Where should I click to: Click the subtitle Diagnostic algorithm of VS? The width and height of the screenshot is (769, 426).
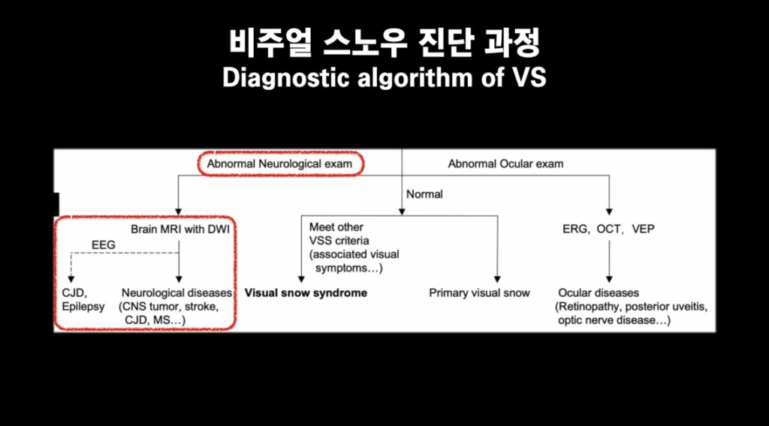pos(384,77)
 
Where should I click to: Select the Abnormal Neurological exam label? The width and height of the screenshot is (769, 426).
pos(279,164)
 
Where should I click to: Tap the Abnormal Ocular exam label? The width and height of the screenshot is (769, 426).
pos(505,164)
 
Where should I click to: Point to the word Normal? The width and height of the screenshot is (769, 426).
pos(424,194)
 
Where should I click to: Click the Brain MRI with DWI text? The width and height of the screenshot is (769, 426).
pos(180,229)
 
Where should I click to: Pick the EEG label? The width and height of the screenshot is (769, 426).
pos(104,244)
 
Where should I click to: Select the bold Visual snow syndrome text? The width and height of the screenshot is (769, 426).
pos(306,292)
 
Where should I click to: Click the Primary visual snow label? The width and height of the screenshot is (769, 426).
pos(479,292)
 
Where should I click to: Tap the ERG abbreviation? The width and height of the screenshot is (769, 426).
pos(574,229)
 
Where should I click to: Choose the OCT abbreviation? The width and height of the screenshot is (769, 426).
pos(609,229)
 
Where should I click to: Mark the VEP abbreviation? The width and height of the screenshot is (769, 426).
pos(643,229)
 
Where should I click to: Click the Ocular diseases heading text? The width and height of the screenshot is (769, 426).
pos(599,292)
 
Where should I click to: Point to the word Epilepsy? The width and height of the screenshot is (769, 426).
pos(83,307)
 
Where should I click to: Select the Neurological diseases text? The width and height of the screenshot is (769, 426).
pos(176,292)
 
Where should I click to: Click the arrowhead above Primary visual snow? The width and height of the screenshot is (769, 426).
pos(497,279)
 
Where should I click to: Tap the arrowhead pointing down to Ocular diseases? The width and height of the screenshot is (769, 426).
pos(609,279)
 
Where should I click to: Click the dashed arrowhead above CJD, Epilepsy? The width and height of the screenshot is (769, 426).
pos(71,279)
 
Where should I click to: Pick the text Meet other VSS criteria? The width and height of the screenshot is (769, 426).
pos(339,234)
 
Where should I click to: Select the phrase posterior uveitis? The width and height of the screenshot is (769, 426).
pos(665,307)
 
